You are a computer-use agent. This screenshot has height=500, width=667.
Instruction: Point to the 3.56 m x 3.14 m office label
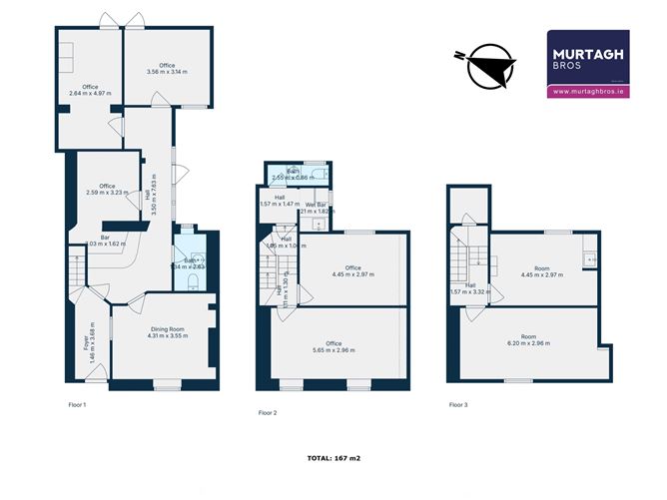(x=167, y=69)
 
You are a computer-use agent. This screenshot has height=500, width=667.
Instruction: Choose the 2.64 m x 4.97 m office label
(x=91, y=90)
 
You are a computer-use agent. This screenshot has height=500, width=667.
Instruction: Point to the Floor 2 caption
(x=268, y=412)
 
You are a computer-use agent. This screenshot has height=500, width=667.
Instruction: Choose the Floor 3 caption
(x=458, y=404)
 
